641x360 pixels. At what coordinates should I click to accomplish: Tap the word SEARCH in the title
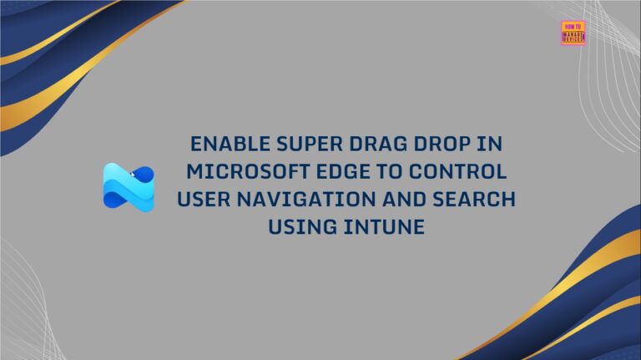point(475,200)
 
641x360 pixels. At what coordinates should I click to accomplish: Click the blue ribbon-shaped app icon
point(129,187)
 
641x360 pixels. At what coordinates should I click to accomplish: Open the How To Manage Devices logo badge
point(573,33)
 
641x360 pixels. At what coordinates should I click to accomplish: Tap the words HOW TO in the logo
point(573,26)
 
